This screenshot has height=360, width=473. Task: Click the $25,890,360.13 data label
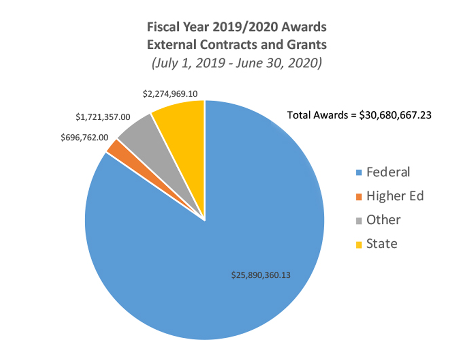261,275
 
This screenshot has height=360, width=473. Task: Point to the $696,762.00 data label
84,138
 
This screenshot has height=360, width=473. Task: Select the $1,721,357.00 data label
103,117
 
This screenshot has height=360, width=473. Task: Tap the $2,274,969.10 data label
170,94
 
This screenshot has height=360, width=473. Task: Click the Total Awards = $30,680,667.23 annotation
359,115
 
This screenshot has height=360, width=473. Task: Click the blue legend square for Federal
359,173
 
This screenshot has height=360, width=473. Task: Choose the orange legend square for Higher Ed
359,197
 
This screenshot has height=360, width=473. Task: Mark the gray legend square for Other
359,221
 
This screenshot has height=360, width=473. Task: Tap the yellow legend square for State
359,245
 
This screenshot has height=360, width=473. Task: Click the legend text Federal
388,172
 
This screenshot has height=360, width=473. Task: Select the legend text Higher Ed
395,196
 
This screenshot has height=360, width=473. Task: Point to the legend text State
382,244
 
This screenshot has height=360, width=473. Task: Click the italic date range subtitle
237,63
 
